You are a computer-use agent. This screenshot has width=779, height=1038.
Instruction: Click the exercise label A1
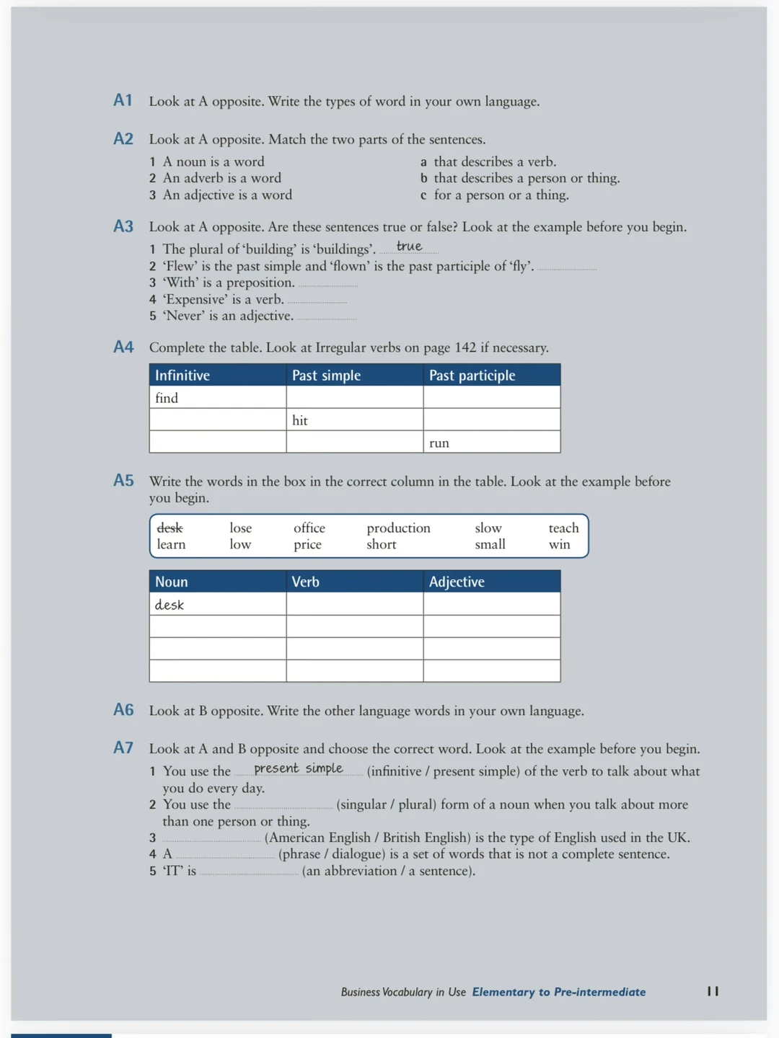123,100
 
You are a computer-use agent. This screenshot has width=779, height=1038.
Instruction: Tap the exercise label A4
123,347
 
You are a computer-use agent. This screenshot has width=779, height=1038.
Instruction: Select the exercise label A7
123,748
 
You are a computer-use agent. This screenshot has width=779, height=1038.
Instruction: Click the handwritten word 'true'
409,247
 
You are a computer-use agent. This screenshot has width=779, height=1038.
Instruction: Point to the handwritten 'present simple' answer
299,768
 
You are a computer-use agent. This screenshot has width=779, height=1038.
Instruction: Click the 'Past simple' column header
326,376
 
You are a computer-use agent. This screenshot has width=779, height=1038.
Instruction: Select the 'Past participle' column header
472,376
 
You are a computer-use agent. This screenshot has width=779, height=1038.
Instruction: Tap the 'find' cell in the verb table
167,398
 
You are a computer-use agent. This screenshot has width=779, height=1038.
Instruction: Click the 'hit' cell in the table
300,420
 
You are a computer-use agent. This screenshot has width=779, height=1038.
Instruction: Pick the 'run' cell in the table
439,443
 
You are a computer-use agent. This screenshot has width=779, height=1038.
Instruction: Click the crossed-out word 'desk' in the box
170,528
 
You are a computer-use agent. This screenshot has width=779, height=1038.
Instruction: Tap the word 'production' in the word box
398,528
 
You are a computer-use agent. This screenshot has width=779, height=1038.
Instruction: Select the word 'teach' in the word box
563,528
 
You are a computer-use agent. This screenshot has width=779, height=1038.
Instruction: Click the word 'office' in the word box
309,528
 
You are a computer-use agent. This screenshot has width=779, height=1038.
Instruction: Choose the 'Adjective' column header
457,582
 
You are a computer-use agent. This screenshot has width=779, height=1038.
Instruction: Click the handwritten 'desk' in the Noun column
170,605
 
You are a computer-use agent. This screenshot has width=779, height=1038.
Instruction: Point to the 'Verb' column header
305,582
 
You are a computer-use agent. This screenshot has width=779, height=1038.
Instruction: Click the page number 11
713,991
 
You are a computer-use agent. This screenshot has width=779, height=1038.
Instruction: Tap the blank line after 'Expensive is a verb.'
317,301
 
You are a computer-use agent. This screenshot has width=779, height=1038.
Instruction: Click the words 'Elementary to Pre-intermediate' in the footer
559,992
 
